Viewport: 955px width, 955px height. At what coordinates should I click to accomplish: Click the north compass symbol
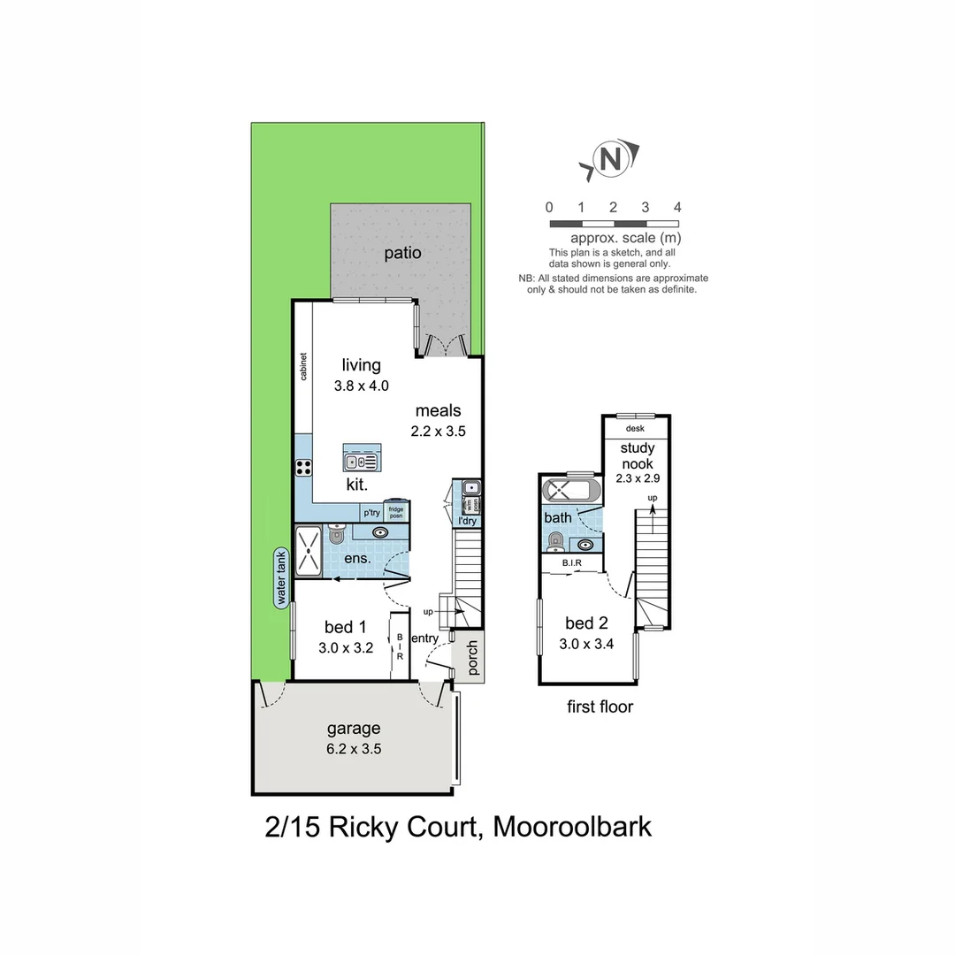[x=610, y=159]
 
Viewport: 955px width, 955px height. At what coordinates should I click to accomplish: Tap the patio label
[x=402, y=253]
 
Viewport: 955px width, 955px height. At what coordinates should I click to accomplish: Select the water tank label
[x=281, y=577]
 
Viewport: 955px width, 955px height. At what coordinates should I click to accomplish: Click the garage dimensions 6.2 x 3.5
[x=354, y=748]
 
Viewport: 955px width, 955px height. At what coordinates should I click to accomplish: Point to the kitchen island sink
[x=361, y=461]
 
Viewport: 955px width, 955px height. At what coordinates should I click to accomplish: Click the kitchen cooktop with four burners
[x=303, y=468]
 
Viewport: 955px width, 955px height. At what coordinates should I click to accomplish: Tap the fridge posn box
[x=395, y=511]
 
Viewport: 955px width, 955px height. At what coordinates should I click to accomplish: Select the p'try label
[x=370, y=512]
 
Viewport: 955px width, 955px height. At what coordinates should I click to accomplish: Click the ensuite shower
[x=308, y=548]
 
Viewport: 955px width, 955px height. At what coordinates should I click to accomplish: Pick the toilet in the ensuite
[x=336, y=534]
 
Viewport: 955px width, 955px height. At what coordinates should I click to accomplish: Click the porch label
[x=471, y=659]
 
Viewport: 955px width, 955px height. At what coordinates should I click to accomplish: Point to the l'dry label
[x=466, y=521]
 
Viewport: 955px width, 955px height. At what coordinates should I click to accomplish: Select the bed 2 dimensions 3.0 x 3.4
[x=587, y=644]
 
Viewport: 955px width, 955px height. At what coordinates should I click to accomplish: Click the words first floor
[x=600, y=707]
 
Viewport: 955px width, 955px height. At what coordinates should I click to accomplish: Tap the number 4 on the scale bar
[x=677, y=207]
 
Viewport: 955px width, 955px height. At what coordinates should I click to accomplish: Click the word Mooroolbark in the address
[x=572, y=827]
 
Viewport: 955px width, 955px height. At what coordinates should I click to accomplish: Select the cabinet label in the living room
[x=303, y=366]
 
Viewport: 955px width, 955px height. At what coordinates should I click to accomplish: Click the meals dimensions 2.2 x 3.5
[x=438, y=432]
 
